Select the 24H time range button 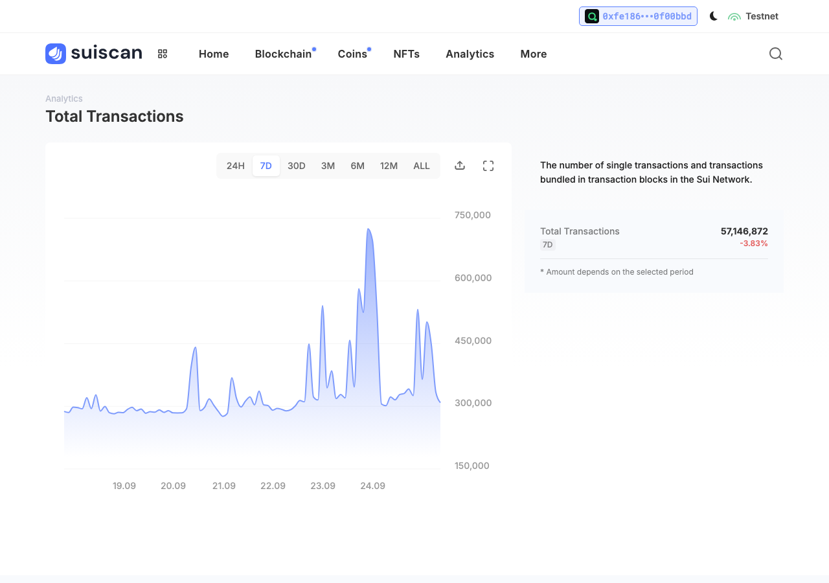235,166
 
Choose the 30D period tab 297,166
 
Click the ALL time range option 422,166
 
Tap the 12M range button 389,166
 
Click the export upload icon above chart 460,165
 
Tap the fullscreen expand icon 488,166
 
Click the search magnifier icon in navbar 776,54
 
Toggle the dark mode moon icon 713,16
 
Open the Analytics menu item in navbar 470,54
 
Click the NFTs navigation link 406,54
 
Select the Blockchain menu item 283,54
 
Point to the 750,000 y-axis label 473,215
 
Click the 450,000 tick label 473,341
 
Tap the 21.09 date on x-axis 224,486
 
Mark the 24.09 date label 372,486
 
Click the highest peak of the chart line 369,229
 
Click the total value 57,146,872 744,231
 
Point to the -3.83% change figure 754,244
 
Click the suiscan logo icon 56,54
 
